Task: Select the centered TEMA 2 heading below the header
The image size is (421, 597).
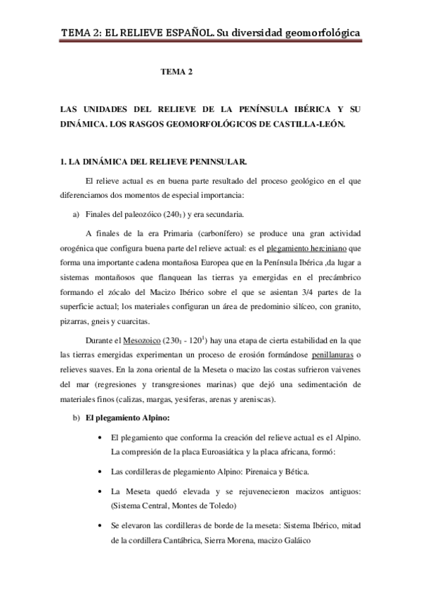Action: pos(176,72)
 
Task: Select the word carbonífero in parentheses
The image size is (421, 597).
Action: pos(198,233)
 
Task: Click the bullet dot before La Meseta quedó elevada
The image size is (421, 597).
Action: pos(103,491)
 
